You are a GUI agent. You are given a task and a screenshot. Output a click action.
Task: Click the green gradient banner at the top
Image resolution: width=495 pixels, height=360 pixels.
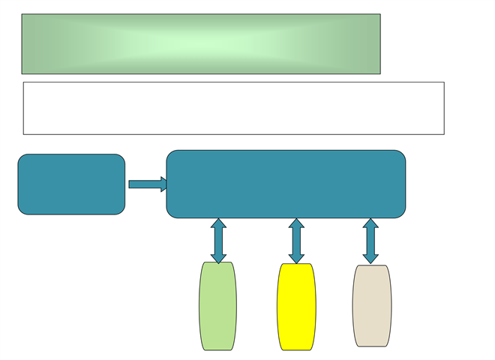coord(201,43)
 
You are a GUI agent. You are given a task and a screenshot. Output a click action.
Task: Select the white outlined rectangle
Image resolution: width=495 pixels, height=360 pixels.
coord(233,108)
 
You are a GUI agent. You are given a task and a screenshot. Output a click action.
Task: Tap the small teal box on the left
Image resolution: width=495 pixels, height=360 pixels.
coord(71,184)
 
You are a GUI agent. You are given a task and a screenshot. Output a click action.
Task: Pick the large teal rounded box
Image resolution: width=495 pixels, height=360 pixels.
coord(286,184)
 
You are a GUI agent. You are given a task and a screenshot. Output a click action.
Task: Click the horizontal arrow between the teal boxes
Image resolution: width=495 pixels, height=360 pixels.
coord(147,184)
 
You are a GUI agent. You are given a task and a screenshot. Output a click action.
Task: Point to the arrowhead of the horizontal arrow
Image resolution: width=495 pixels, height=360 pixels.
coord(163,184)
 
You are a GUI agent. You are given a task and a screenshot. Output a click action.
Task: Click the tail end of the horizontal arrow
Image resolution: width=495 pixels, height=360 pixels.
coord(131,184)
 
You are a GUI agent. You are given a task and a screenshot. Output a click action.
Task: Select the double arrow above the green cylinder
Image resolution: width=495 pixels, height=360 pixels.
coord(218,241)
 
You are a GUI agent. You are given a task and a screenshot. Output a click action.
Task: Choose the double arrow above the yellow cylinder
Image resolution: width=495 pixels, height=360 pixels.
coord(296,241)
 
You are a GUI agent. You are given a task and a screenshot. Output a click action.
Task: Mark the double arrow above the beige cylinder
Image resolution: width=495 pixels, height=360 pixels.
coord(370,241)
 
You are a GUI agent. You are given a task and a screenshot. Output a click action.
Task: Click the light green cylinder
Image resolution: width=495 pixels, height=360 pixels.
coord(217,306)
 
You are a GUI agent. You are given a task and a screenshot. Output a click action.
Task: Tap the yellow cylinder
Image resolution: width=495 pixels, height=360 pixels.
coord(296,307)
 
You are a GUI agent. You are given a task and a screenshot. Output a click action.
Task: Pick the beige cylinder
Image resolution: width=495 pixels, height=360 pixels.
coord(371,305)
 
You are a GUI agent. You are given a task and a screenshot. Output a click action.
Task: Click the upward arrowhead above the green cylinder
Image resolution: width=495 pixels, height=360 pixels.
coord(218,223)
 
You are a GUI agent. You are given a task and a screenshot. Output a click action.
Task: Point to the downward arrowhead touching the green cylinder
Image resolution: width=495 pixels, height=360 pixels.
coord(218,259)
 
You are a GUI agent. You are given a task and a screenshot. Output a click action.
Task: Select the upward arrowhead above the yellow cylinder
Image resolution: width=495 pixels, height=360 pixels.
coord(296,223)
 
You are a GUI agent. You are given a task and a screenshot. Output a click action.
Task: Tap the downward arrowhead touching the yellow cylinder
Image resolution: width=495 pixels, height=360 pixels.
coord(296,259)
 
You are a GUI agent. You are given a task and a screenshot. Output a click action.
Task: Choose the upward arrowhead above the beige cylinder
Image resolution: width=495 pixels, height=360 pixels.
coord(370,223)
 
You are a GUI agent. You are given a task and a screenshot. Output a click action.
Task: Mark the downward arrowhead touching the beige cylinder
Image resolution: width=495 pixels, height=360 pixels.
coord(370,259)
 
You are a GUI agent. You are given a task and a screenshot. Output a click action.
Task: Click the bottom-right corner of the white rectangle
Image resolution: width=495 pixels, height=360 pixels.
coord(443,133)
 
